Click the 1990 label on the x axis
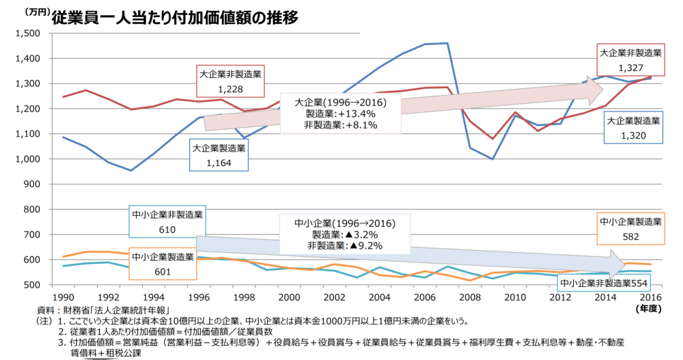point(63,298)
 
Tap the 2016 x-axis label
point(650,298)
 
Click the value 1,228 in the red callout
point(230,89)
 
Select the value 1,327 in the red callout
point(630,68)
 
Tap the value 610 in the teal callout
point(167,230)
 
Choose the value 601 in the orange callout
point(162,271)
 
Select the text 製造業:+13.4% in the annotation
point(341,113)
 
